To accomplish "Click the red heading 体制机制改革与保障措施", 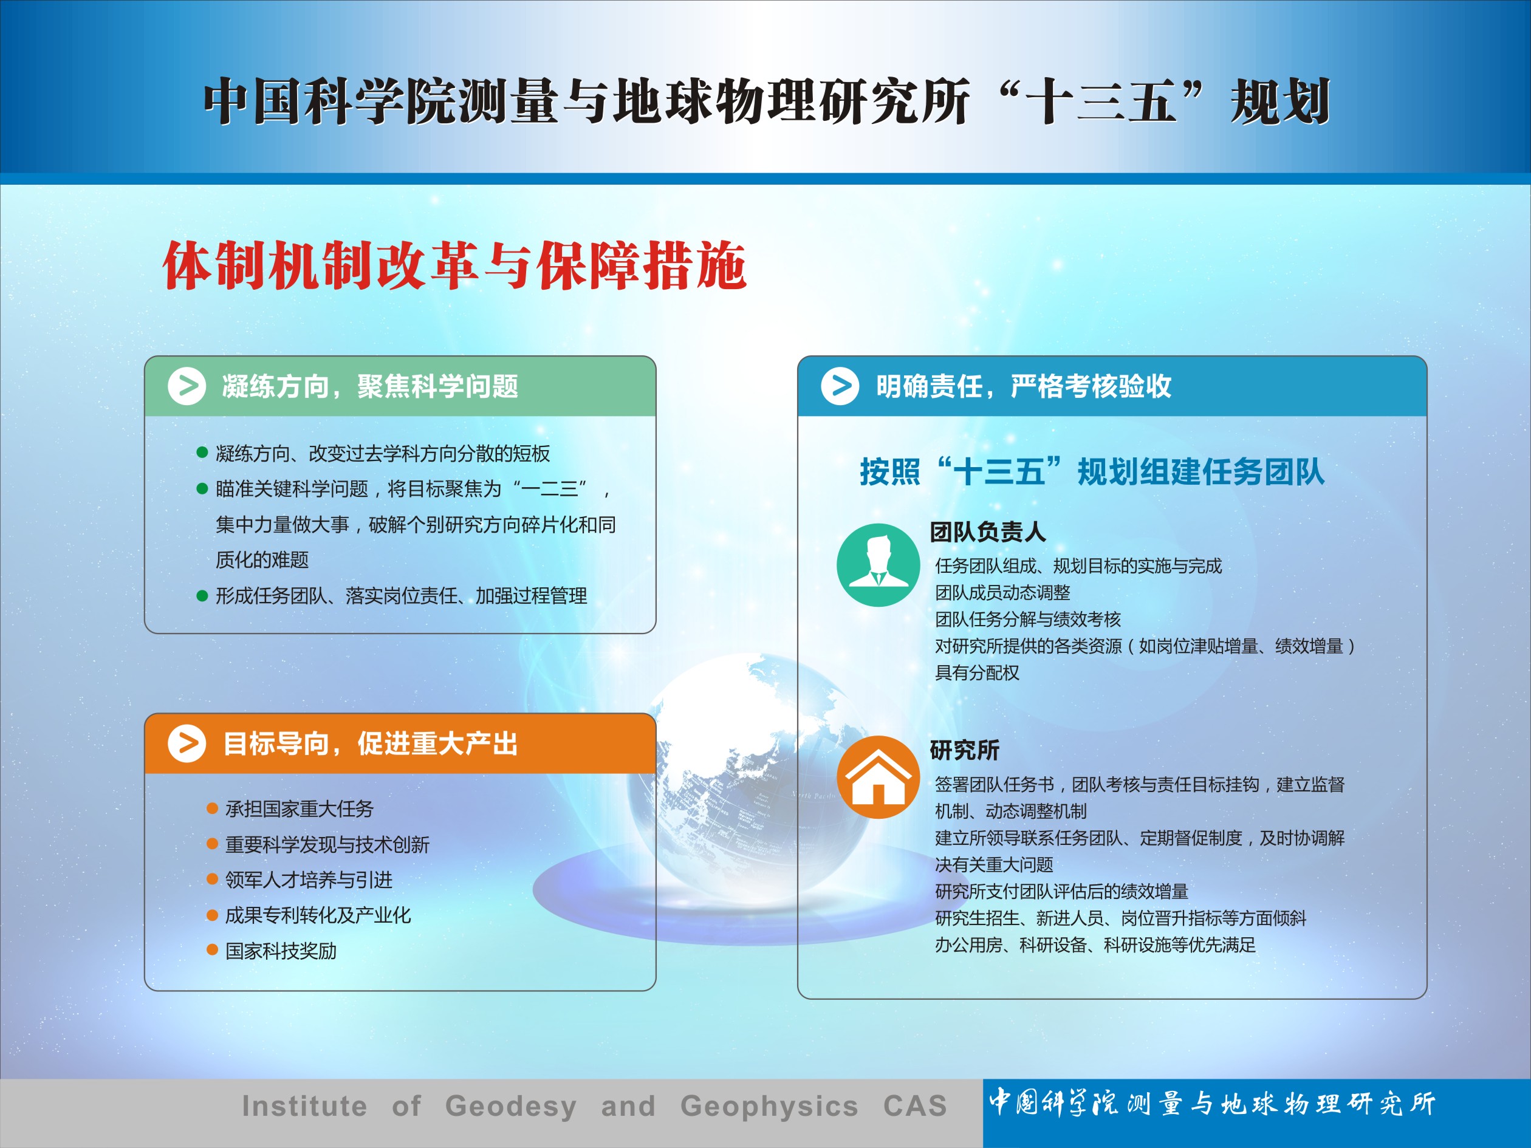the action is click(x=454, y=265).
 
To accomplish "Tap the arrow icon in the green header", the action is click(x=187, y=386).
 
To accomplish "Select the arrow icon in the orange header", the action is click(x=187, y=743).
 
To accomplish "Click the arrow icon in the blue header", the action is click(x=840, y=386).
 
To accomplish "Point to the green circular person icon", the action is click(x=879, y=565).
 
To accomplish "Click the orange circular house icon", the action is click(x=879, y=777).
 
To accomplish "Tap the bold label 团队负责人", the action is click(x=988, y=531).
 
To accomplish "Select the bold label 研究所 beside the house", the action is click(x=964, y=750).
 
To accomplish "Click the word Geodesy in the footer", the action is click(x=511, y=1107).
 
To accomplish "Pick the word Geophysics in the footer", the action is click(x=769, y=1107).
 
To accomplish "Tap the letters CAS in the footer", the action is click(x=915, y=1106).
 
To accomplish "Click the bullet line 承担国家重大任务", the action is click(x=299, y=808).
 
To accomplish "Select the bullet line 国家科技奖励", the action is click(x=281, y=951).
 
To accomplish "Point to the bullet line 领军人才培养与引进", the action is click(x=309, y=880).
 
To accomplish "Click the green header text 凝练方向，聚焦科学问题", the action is click(x=370, y=386).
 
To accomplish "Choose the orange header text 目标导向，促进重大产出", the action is click(x=370, y=744).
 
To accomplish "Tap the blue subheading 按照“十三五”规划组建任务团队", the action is click(x=1092, y=472).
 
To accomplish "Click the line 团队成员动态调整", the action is click(x=1002, y=592).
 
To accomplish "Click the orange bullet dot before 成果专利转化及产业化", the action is click(x=213, y=915).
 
